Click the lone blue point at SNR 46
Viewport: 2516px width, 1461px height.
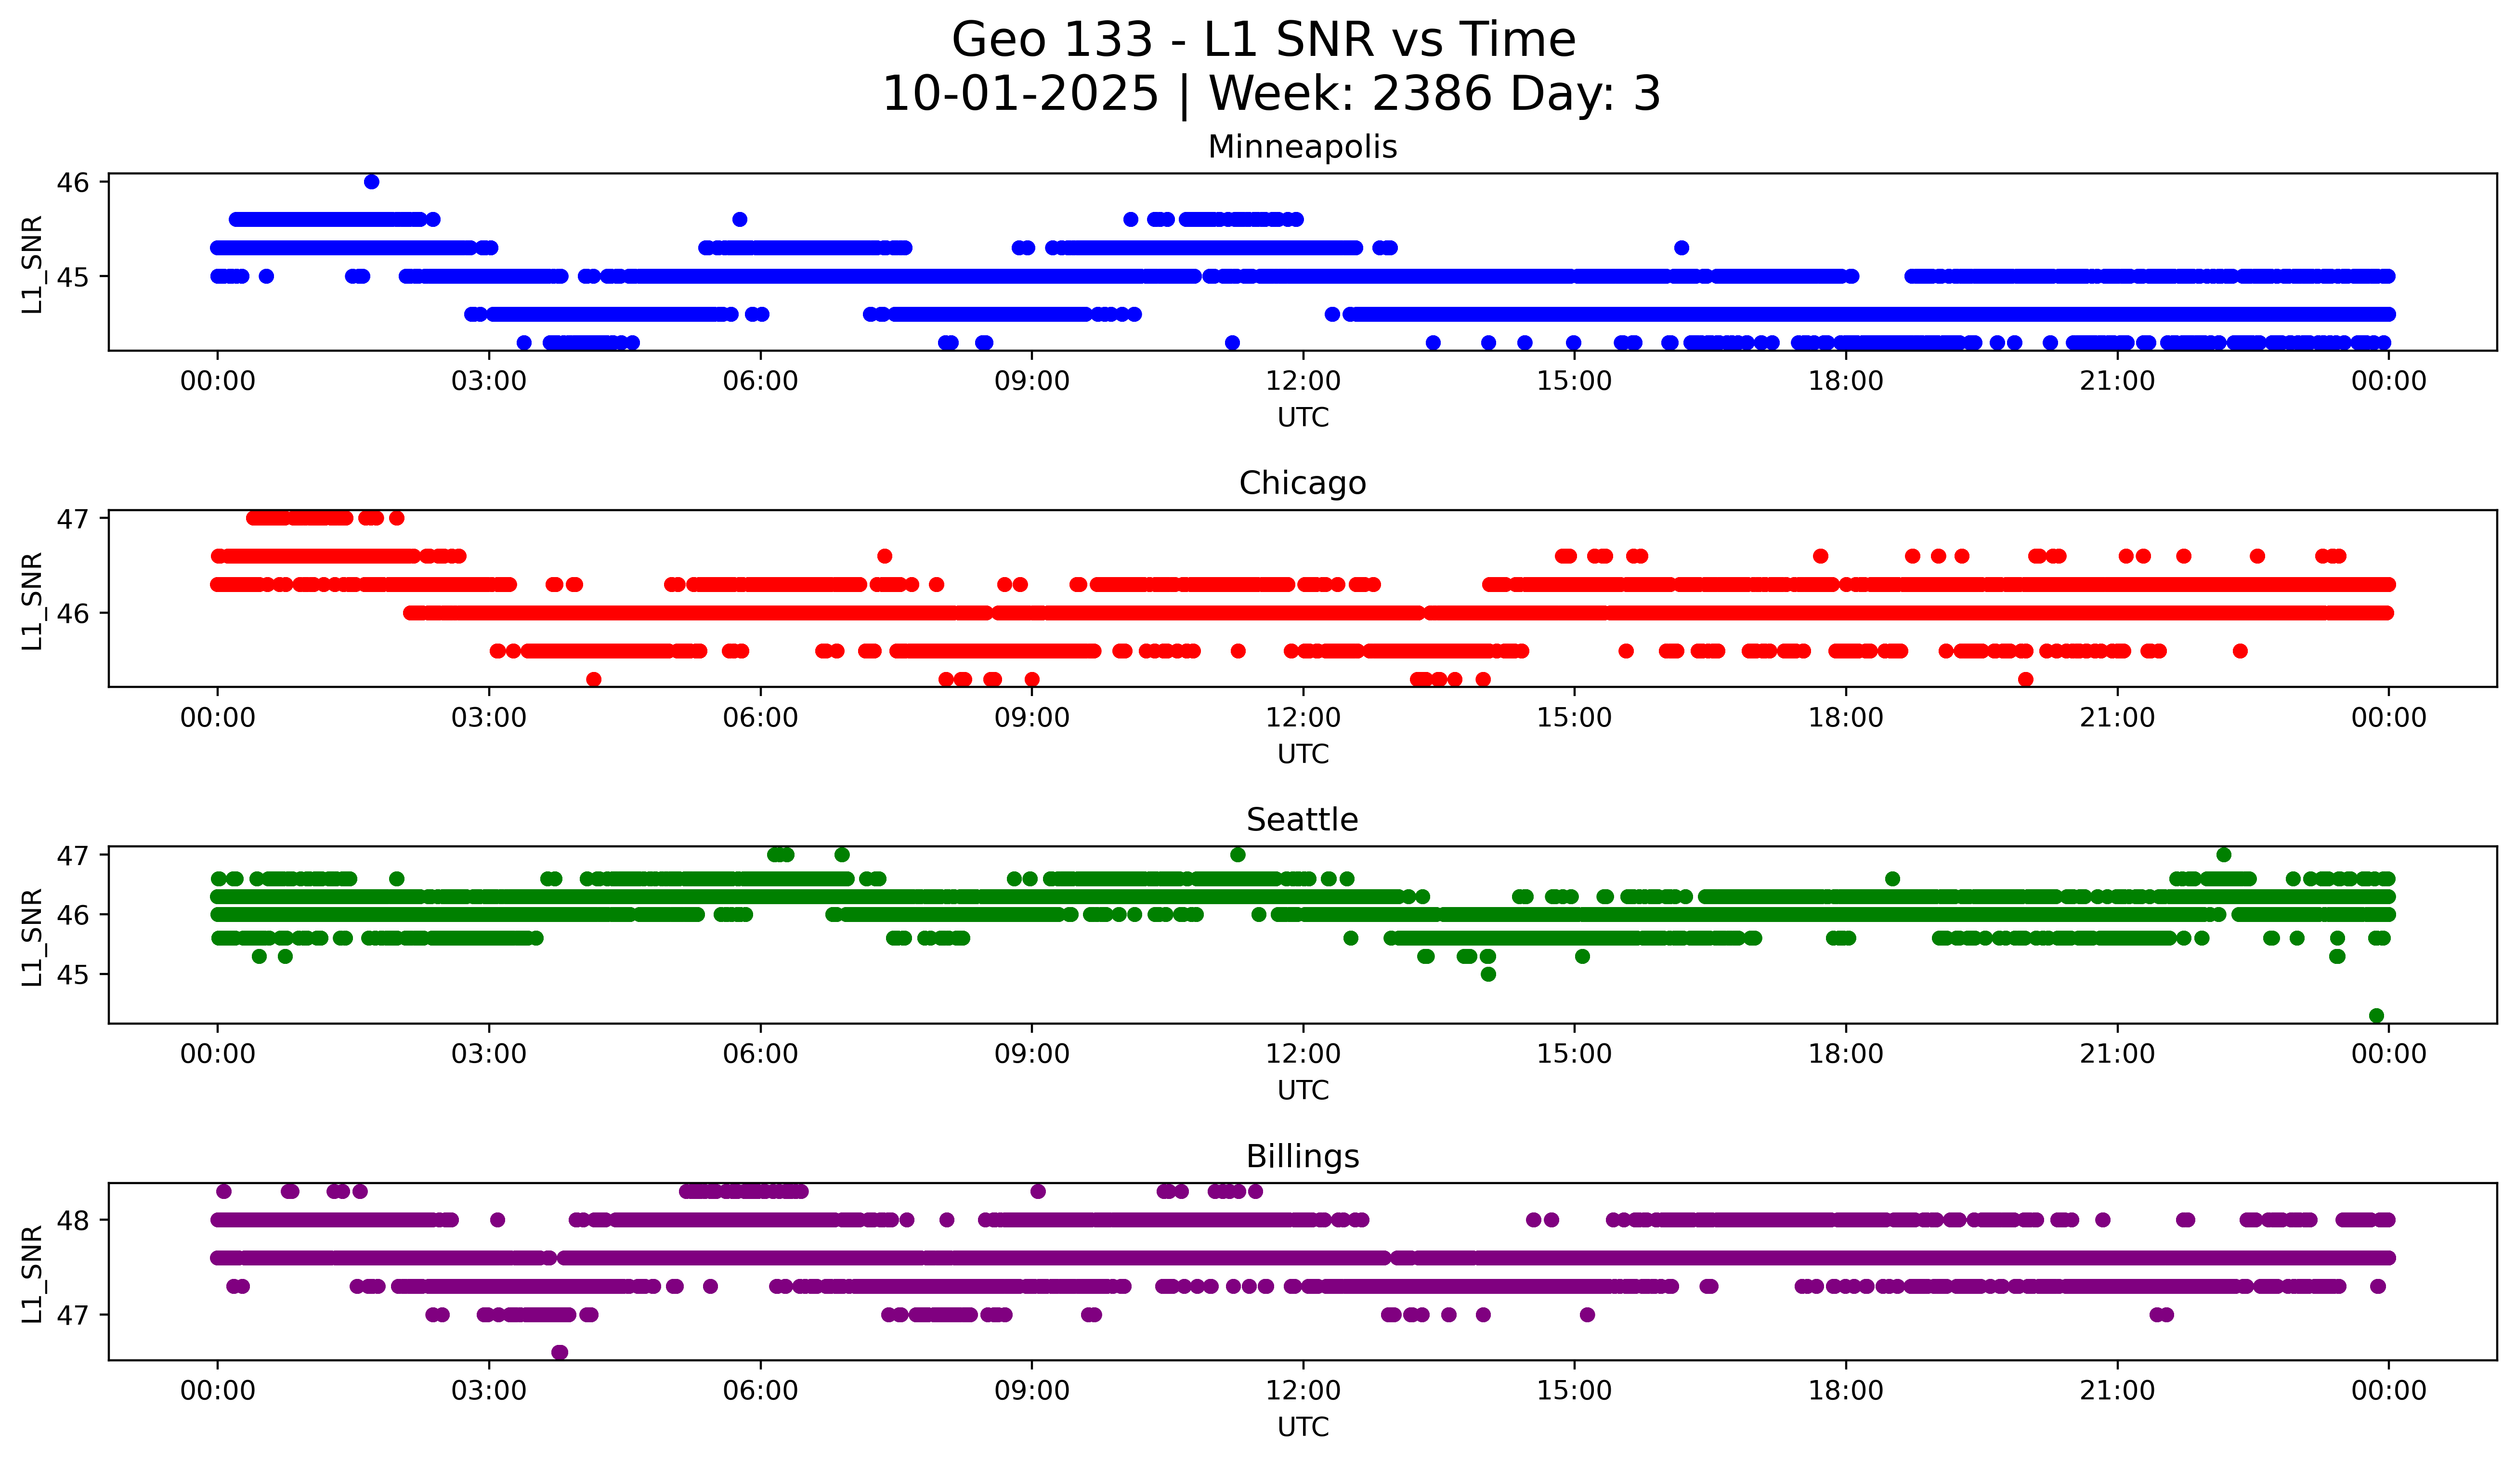pos(371,182)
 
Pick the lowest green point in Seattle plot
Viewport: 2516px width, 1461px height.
pos(2376,1015)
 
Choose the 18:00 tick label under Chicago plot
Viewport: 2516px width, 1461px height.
pos(1845,718)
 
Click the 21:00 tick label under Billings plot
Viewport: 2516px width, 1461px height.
pos(2117,1391)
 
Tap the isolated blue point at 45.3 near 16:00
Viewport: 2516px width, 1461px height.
pos(1682,248)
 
